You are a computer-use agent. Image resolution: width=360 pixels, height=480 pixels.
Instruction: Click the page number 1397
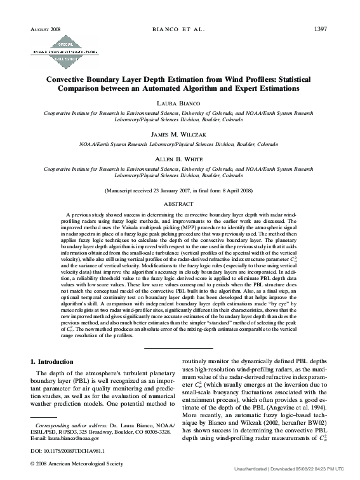coord(321,29)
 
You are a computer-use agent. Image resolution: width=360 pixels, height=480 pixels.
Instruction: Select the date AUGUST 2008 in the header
coord(44,30)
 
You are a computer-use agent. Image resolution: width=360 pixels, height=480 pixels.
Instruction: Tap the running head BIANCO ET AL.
coord(180,29)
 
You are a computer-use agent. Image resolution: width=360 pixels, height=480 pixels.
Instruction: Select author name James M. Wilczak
coord(180,135)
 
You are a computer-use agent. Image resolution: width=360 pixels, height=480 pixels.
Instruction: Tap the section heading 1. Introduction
coord(58,361)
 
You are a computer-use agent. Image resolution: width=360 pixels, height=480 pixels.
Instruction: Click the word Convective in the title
coord(72,81)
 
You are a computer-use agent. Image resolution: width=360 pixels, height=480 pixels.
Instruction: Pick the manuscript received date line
coord(180,190)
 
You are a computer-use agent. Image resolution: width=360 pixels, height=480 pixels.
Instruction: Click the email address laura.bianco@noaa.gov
coord(73,439)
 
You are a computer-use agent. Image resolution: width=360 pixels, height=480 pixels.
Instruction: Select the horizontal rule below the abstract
coord(180,347)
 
